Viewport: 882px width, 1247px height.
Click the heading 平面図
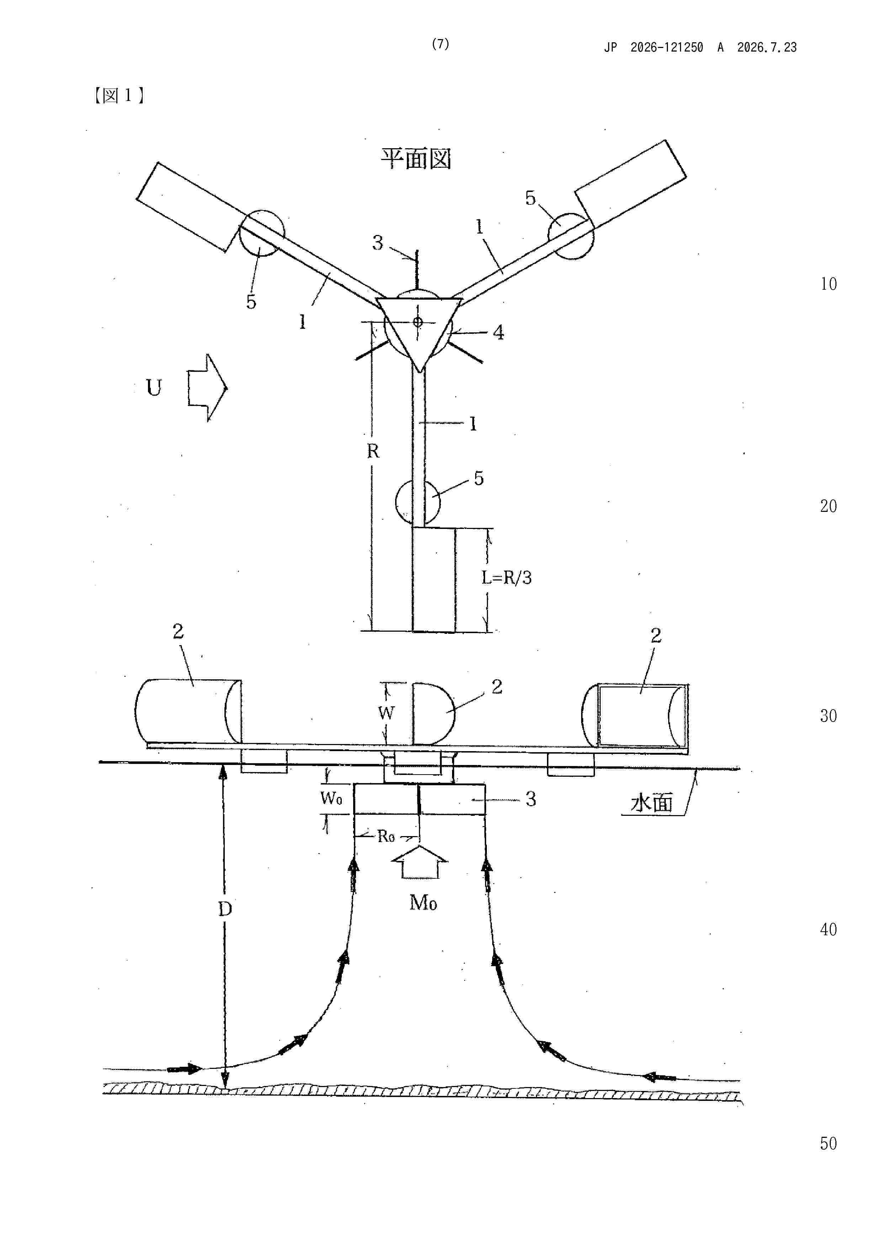[x=416, y=159]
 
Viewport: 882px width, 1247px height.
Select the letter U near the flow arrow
[x=154, y=388]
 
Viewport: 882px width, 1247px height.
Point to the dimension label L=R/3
[x=506, y=577]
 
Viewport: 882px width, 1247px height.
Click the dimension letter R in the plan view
[x=373, y=451]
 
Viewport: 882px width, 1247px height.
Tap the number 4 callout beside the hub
[x=498, y=332]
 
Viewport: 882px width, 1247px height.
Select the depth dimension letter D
[x=225, y=909]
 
